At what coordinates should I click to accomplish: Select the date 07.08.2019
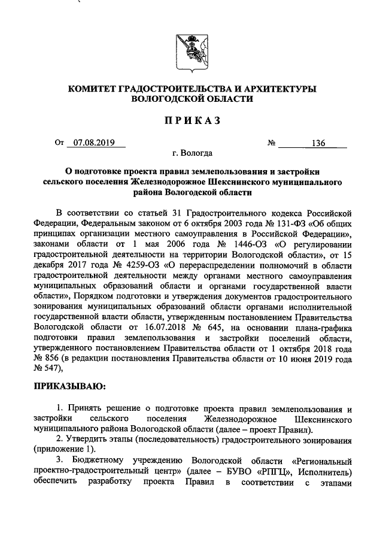94,143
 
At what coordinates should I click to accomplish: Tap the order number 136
318,143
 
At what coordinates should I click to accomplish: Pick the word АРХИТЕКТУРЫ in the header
281,89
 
